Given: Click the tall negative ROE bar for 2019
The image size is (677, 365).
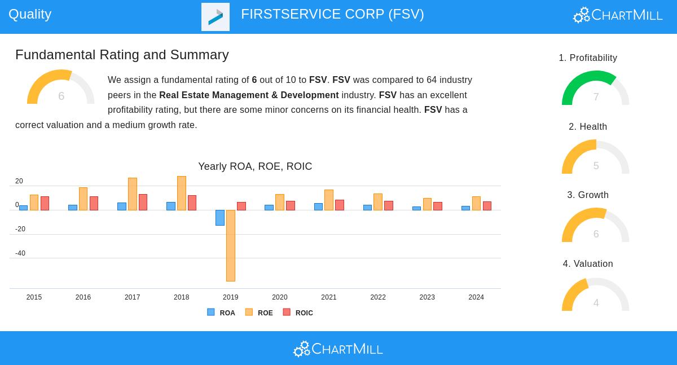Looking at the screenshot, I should point(230,245).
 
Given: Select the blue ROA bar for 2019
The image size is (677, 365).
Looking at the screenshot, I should point(220,218).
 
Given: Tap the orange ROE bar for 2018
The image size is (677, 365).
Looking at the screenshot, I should point(181,193).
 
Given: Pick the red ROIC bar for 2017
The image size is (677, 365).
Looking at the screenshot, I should point(143,202).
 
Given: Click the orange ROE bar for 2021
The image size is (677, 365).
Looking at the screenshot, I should point(329,200).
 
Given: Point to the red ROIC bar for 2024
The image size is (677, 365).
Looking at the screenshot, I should point(487,206).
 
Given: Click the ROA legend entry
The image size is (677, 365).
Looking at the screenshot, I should point(221,313).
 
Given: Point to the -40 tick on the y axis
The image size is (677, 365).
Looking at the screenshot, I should point(20,253).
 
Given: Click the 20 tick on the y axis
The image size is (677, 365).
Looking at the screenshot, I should point(19,181).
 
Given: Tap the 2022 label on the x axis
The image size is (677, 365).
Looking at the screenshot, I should point(378,297).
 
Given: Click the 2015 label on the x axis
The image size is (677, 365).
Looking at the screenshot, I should point(34,297).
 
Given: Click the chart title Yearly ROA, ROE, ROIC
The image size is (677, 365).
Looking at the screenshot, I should point(255,166).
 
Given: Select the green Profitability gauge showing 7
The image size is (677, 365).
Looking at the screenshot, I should point(595,89).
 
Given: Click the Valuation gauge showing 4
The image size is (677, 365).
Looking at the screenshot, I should point(595,295).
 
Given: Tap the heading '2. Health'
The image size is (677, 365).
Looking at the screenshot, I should point(588,127).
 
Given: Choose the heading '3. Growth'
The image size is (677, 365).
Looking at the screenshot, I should point(588,195).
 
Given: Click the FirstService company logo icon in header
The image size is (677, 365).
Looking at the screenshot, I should point(216,17).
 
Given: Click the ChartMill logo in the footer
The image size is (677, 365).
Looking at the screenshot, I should point(338,349).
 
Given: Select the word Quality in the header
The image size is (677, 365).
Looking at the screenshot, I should point(30,14).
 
